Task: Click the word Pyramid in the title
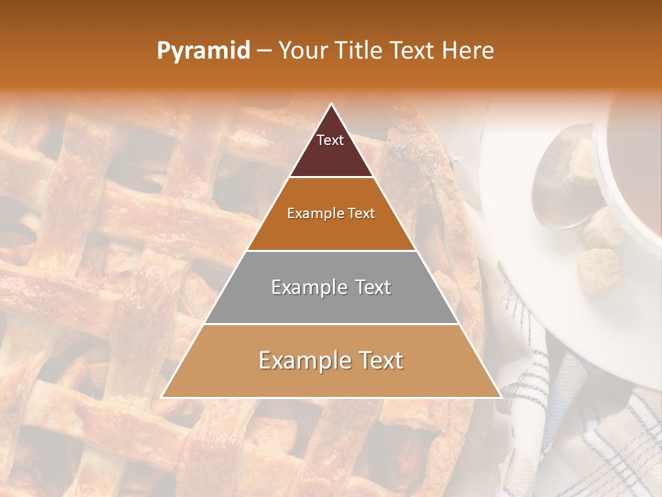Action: (x=203, y=51)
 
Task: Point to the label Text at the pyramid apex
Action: (x=330, y=140)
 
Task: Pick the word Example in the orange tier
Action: (x=308, y=213)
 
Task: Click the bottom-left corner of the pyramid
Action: (x=162, y=398)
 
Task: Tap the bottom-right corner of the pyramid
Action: (x=501, y=398)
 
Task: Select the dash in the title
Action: (x=264, y=51)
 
